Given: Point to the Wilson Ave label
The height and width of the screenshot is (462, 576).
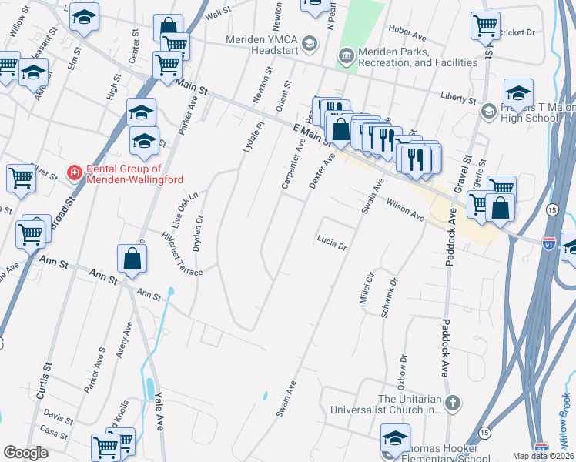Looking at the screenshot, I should (405, 211).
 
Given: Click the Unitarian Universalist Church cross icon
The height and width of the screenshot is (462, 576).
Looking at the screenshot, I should (454, 403).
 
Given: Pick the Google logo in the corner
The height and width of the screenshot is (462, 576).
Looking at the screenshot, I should (26, 453).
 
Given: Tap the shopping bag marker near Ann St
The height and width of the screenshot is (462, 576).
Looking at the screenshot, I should (132, 259).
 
